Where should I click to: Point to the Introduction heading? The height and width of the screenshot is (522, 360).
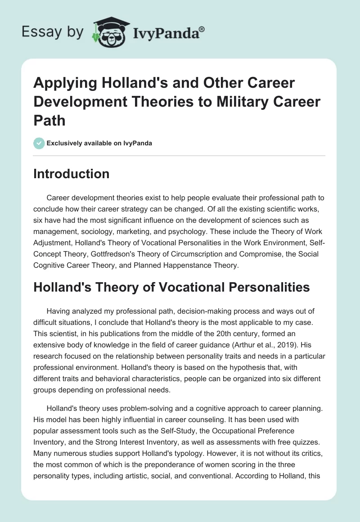click(x=71, y=174)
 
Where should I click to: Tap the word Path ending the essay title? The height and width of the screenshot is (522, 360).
click(x=48, y=120)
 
